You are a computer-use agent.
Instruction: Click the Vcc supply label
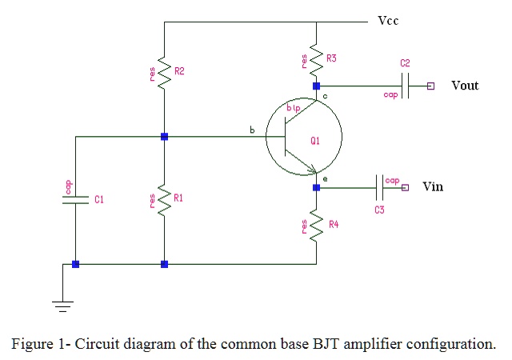click(x=388, y=21)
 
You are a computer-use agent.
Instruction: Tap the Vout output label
click(x=465, y=86)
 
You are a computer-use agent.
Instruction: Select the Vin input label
click(x=432, y=186)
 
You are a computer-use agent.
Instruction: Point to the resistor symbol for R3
click(x=316, y=59)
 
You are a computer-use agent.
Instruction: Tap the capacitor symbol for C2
click(x=406, y=86)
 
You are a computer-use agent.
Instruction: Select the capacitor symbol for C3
click(x=379, y=187)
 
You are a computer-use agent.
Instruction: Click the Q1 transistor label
click(x=315, y=141)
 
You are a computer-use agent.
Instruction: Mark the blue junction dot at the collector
click(x=316, y=86)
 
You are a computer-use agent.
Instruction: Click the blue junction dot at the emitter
click(x=316, y=187)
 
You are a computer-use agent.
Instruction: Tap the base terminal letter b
click(x=252, y=129)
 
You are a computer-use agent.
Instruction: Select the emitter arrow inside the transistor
click(x=310, y=170)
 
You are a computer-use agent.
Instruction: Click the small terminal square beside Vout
click(x=430, y=86)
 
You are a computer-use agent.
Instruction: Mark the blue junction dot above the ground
click(x=74, y=264)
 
